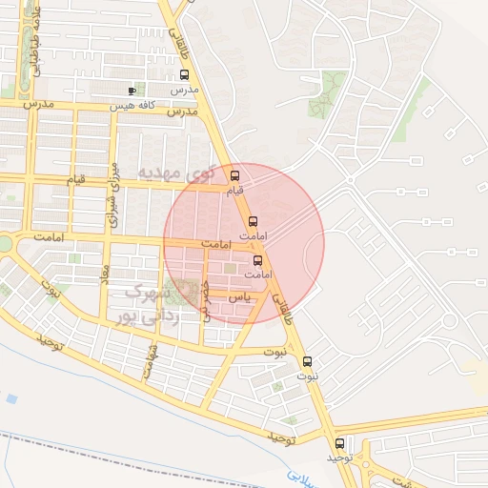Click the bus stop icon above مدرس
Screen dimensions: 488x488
[x=184, y=75]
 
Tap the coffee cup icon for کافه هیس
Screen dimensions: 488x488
[x=132, y=91]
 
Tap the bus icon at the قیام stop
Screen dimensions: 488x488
[x=235, y=175]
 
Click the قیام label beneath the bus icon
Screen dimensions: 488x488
[x=234, y=191]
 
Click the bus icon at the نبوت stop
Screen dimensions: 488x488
[x=307, y=362]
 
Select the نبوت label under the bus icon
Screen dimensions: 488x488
[x=307, y=377]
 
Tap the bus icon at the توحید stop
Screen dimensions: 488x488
[x=340, y=443]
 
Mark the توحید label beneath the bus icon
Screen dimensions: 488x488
[x=339, y=458]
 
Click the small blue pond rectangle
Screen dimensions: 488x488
[x=10, y=397]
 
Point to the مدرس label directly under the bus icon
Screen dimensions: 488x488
[x=182, y=90]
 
